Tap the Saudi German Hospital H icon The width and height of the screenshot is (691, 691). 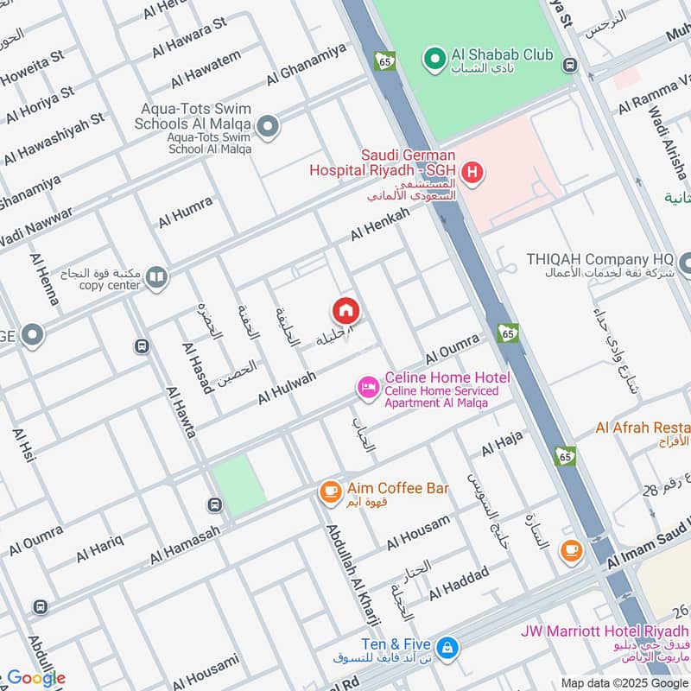472,174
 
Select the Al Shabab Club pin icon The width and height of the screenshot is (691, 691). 433,58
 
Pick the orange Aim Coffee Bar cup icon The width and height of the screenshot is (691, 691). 329,491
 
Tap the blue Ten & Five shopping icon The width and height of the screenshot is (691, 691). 447,646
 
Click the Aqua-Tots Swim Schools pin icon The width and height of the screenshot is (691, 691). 268,128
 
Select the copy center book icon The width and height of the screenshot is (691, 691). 156,277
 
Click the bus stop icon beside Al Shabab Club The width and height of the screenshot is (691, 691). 569,65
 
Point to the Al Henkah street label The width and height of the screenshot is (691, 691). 380,224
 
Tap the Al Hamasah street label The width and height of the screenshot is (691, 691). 185,546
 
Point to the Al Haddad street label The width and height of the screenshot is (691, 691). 459,582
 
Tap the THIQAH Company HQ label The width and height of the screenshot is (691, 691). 601,259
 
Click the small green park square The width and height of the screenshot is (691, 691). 238,486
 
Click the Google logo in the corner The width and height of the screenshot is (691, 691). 35,677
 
